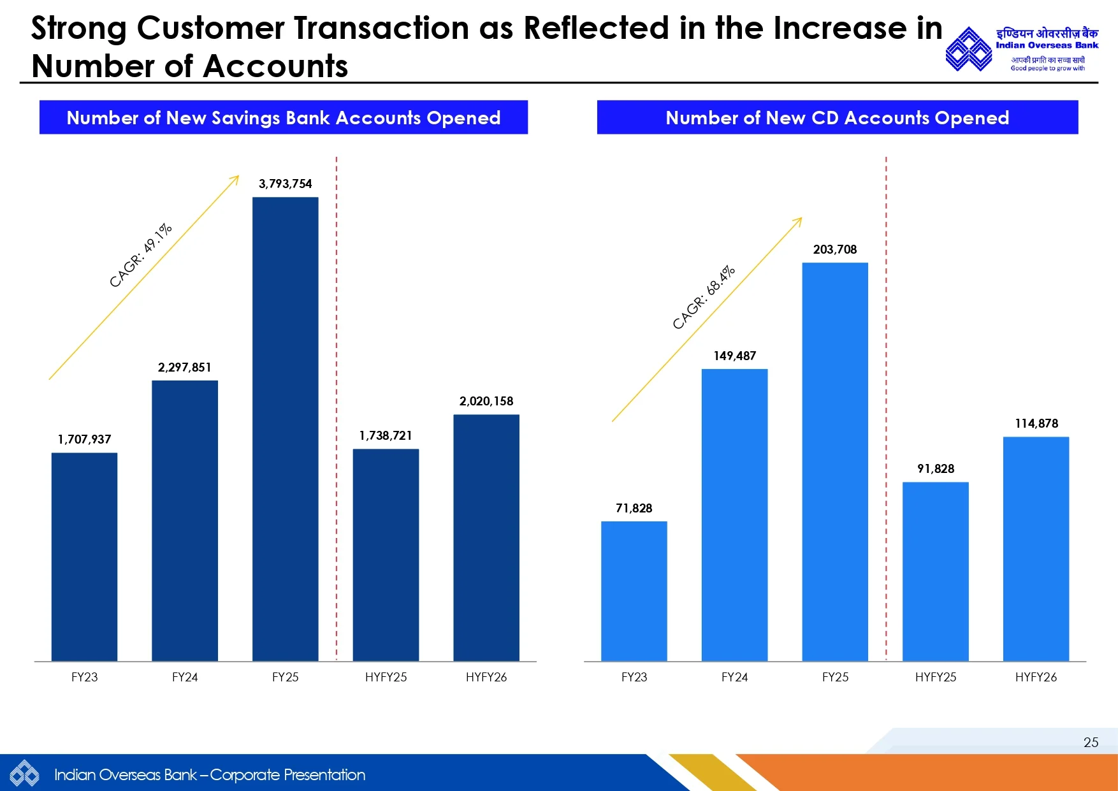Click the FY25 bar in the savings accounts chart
(285, 428)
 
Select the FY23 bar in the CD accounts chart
(634, 591)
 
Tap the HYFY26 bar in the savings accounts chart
(486, 537)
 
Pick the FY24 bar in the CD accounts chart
(734, 514)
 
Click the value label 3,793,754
(285, 184)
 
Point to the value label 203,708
(834, 249)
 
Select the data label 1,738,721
(386, 435)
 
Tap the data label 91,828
(936, 468)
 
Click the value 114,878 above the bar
(1036, 423)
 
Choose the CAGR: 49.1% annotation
(141, 255)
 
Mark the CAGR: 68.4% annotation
(704, 297)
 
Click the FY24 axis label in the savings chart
(185, 677)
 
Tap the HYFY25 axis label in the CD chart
(936, 677)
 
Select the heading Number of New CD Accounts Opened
(837, 117)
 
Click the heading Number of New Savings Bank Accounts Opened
(284, 117)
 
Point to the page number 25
(1091, 742)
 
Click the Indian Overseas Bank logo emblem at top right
(968, 49)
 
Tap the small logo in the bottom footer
(24, 774)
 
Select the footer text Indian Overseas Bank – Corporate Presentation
(210, 774)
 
